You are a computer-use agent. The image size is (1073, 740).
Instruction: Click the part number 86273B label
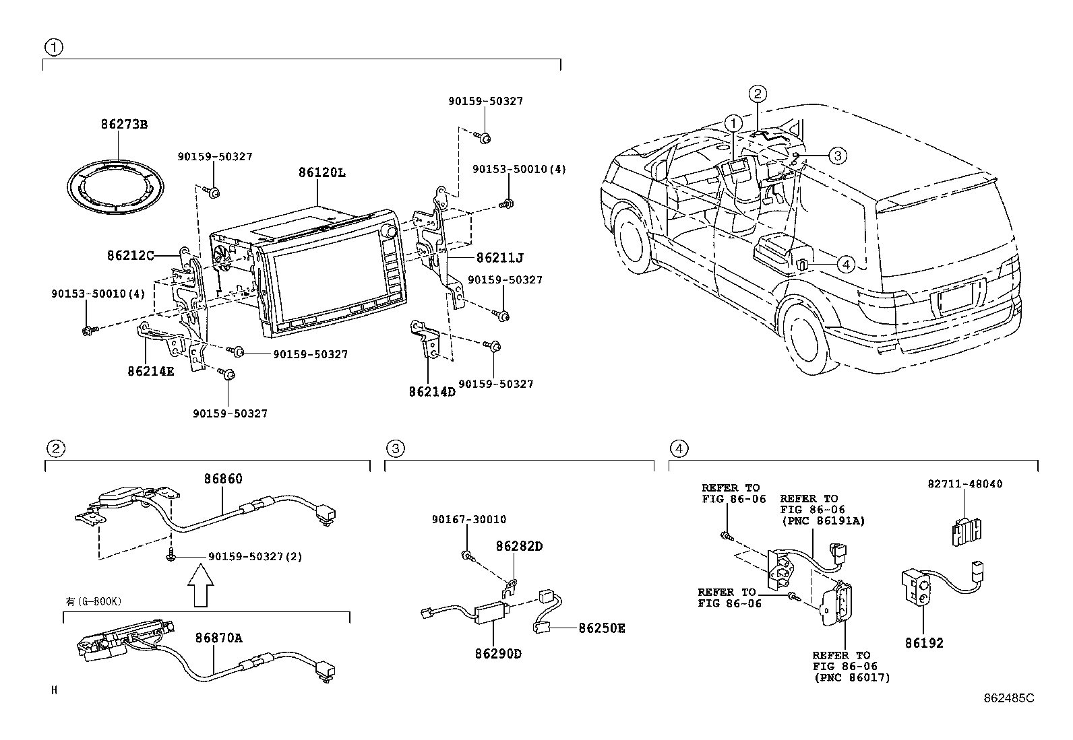[123, 125]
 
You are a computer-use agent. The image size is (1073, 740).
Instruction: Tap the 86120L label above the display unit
[321, 172]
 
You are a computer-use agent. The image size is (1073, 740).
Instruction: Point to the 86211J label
[499, 258]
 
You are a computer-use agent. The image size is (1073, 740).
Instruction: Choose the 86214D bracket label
[432, 391]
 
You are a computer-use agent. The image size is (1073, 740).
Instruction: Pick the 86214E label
[150, 371]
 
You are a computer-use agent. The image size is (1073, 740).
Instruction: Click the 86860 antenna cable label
[223, 479]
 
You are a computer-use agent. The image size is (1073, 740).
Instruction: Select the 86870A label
[218, 638]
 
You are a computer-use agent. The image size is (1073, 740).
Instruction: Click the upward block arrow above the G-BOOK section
[200, 585]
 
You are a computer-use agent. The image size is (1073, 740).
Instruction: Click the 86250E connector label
[601, 628]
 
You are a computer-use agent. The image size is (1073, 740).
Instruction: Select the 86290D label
[499, 653]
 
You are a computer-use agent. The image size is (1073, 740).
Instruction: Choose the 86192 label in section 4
[924, 643]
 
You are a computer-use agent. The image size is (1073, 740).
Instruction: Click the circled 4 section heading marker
[679, 448]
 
